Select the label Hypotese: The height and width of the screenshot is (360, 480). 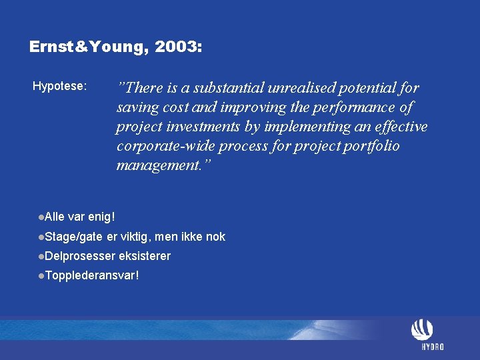point(59,86)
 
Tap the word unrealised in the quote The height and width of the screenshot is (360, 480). point(303,88)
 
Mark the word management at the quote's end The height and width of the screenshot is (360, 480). point(159,165)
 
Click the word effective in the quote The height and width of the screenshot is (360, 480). point(397,127)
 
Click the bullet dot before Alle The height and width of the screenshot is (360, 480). point(41,217)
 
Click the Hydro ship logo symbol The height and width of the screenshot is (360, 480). point(422,330)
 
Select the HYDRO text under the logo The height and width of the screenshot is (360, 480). point(433,347)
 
